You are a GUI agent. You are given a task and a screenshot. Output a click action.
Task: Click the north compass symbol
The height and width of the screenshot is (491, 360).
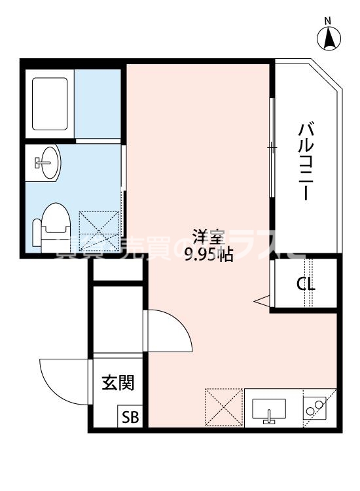[x=330, y=40]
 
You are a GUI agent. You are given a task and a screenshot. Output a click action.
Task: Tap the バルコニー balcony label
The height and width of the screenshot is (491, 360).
[x=304, y=160]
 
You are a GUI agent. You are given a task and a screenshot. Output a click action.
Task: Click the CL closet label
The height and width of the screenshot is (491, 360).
[x=305, y=285]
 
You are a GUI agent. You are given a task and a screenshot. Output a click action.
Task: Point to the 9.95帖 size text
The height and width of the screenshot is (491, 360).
[x=208, y=255]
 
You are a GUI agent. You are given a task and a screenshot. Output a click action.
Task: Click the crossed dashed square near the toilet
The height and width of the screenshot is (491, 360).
[x=100, y=230]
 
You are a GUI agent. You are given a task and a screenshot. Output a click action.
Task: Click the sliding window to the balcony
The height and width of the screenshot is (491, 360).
[x=272, y=147]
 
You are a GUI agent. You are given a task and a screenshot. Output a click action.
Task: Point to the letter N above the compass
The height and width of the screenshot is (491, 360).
[x=330, y=22]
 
